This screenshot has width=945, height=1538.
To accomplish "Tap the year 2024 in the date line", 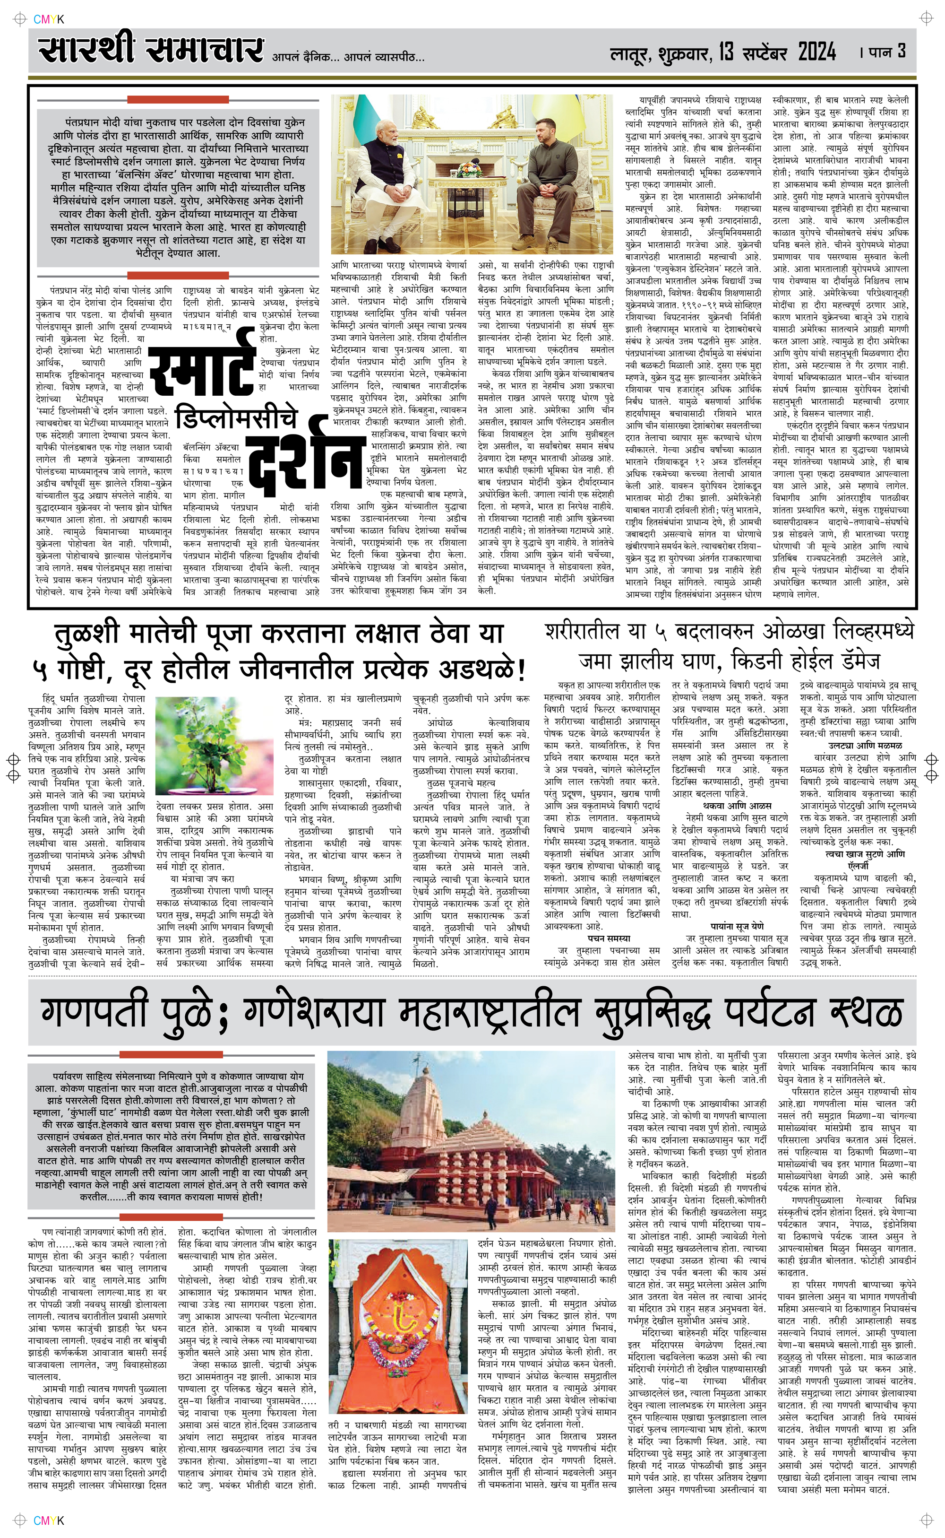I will (816, 52).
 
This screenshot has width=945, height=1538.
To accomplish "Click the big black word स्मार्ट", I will (203, 369).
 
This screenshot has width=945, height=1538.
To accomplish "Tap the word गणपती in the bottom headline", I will (94, 1012).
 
